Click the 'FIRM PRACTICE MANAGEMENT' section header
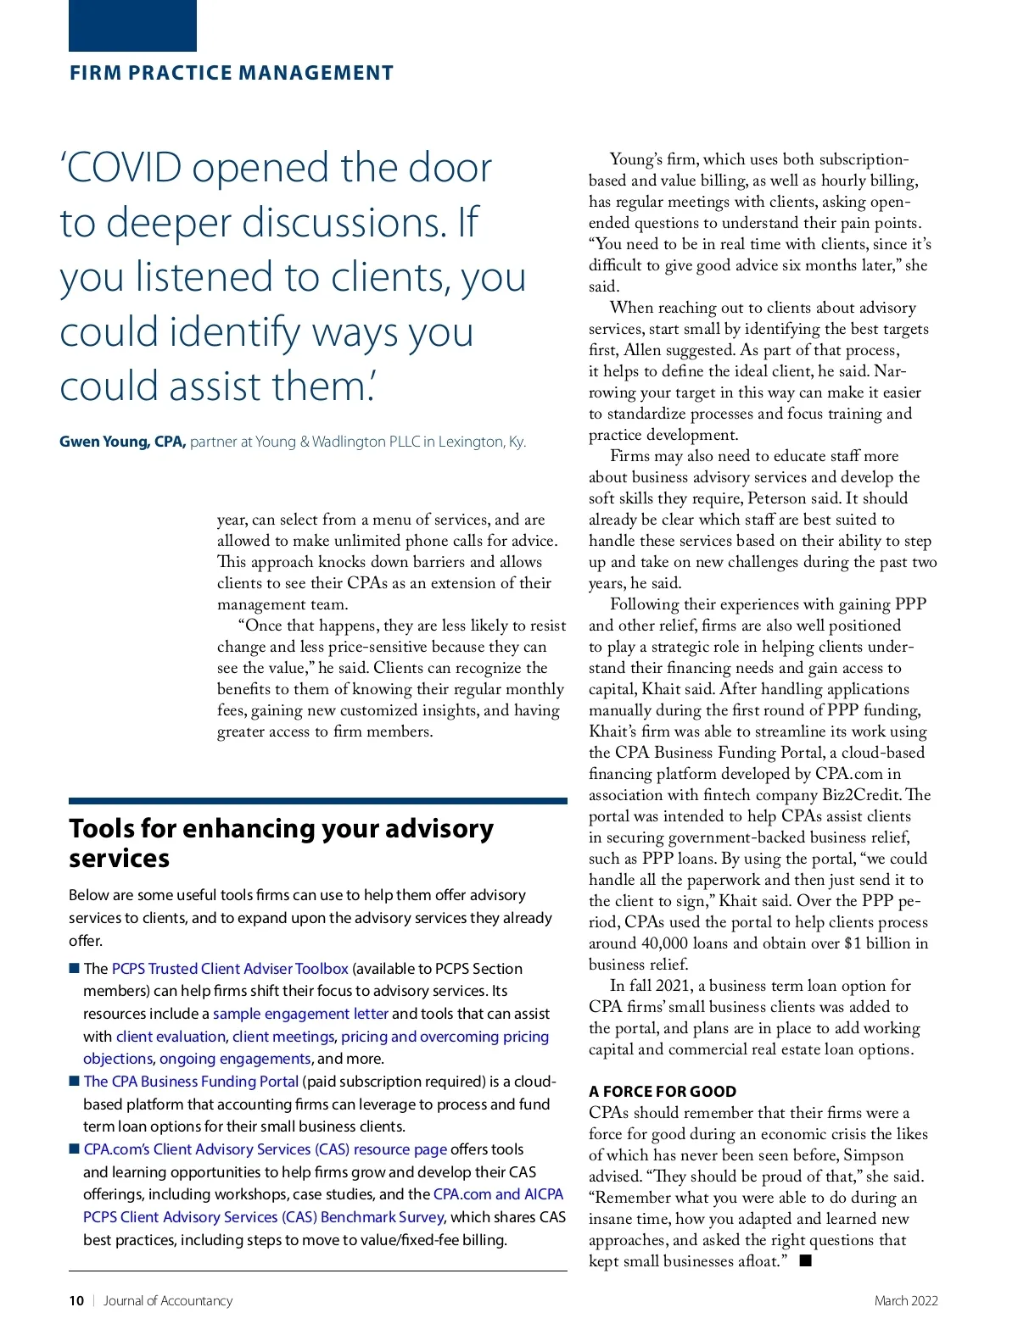tap(231, 73)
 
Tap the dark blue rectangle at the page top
tap(132, 25)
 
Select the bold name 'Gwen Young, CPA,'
tap(122, 442)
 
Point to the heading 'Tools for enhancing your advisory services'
tap(281, 843)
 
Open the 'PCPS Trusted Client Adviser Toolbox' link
tap(230, 968)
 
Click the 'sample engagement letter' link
tap(300, 1014)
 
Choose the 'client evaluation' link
tap(171, 1036)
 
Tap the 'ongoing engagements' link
tap(235, 1059)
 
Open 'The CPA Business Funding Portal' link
tap(191, 1082)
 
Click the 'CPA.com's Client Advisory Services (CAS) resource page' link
tap(265, 1149)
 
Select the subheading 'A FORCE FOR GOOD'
tap(663, 1092)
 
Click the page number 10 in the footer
tap(76, 1301)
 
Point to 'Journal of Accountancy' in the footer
tap(167, 1301)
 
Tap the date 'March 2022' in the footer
tap(906, 1301)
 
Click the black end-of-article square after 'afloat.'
tap(805, 1261)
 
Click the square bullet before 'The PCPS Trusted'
tap(74, 968)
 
